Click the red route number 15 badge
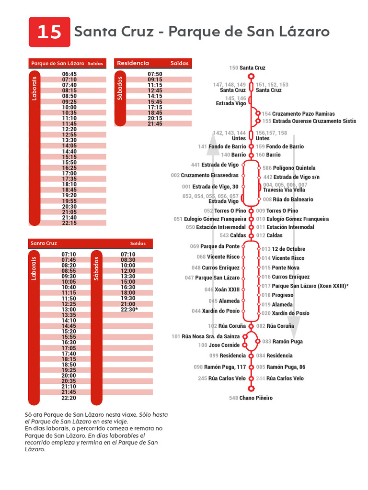point(49,32)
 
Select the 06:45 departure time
point(69,74)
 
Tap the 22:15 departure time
point(69,223)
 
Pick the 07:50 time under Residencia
point(155,74)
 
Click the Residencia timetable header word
point(133,63)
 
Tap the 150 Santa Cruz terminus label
point(247,68)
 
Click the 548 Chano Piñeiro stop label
point(251,398)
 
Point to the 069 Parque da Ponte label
point(215,246)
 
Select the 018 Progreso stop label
point(277,295)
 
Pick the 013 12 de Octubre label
point(283,249)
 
